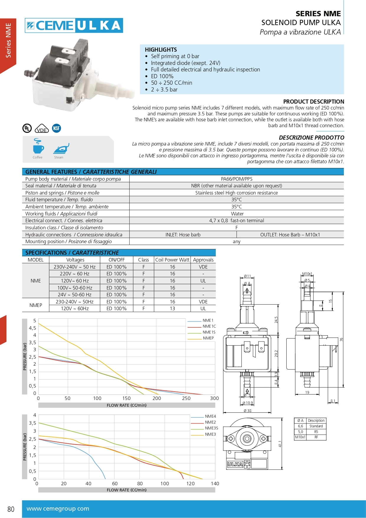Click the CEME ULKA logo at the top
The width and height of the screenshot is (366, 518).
click(74, 25)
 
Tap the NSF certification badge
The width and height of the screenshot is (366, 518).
click(56, 128)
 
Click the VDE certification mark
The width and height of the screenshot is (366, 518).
click(42, 129)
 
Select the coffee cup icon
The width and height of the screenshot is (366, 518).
click(38, 146)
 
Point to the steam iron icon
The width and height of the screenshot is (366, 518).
click(61, 148)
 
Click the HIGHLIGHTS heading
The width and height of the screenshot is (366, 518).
click(161, 50)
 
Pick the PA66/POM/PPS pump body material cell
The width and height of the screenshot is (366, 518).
click(236, 179)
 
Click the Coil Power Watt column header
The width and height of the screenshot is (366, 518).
click(172, 260)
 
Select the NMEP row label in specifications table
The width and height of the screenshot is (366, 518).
click(36, 305)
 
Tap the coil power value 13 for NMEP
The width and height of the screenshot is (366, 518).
click(172, 308)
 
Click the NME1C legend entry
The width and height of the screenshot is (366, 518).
click(209, 326)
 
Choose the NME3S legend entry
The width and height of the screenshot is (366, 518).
click(211, 428)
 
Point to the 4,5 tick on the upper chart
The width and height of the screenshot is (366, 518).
click(32, 328)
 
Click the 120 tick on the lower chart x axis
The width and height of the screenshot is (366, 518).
click(190, 483)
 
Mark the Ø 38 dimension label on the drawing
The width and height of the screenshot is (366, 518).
click(247, 411)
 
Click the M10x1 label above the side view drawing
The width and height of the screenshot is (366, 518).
click(307, 274)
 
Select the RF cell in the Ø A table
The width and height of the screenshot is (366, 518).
click(316, 437)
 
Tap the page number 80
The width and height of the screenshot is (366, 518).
click(11, 509)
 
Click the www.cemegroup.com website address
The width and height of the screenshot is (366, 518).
click(58, 509)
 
